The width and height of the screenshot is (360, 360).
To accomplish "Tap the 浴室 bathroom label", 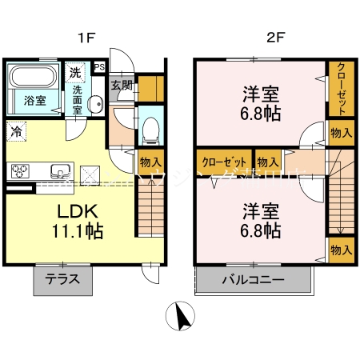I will [33, 102].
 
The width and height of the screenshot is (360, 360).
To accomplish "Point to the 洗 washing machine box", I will [74, 71].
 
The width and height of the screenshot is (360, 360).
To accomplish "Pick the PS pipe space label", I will [100, 68].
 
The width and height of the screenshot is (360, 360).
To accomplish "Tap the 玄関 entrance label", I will [121, 86].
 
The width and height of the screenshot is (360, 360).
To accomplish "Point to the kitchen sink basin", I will [60, 170].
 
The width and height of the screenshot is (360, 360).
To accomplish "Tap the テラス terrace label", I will [62, 282].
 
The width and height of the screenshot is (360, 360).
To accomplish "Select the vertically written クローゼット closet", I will [340, 89].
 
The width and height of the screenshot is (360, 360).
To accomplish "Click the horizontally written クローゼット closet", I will [223, 160].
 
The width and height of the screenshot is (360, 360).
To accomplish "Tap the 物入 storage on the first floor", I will [149, 160].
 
